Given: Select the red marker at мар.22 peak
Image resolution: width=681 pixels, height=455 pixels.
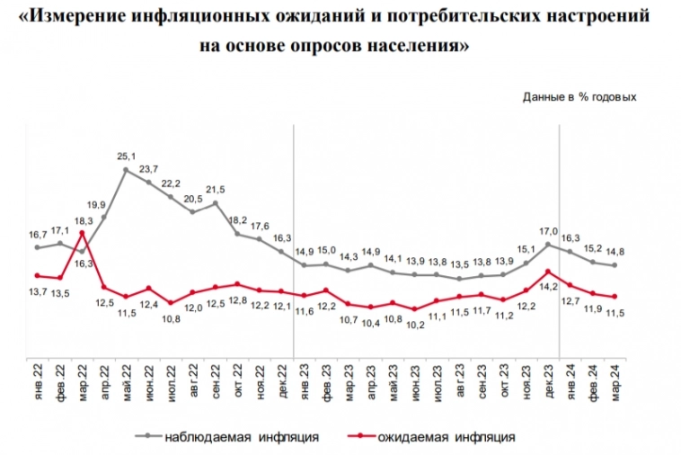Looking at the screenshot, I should pyautogui.click(x=82, y=234).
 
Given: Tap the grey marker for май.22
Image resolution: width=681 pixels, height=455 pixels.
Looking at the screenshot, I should pyautogui.click(x=127, y=169).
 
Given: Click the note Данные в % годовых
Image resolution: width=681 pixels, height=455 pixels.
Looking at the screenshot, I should pyautogui.click(x=579, y=96).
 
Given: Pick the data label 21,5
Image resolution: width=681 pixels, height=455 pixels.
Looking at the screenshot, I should pyautogui.click(x=217, y=190).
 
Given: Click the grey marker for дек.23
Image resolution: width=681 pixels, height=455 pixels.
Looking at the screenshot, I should pyautogui.click(x=548, y=244).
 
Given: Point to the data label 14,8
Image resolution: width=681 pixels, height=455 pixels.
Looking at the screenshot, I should pyautogui.click(x=615, y=252).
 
